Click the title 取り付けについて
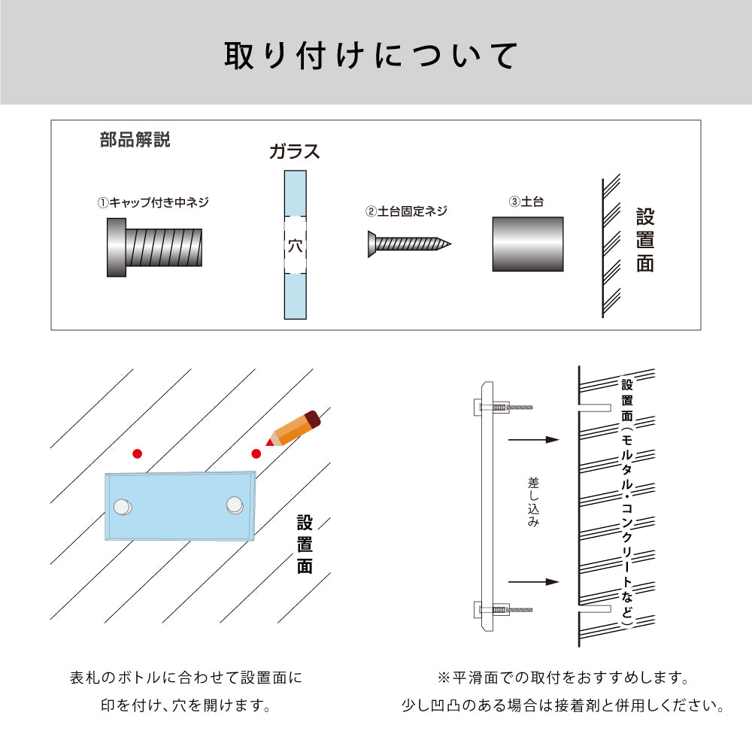coord(371,56)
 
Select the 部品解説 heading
coord(135,140)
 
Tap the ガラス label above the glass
coord(294,152)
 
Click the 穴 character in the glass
coord(295,246)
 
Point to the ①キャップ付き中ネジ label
coord(153,202)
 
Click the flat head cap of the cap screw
coord(117,247)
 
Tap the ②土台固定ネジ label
coord(406,211)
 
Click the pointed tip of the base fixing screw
coord(450,244)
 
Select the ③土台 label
coord(526,202)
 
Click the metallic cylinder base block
coord(528,244)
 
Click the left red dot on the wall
coord(137,453)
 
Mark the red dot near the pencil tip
coord(256,453)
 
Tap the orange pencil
coord(293,429)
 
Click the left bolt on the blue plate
coord(123,507)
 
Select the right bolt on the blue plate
coord(235,505)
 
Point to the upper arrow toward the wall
coord(534,440)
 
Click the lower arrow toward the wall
coord(534,582)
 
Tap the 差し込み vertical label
coord(533,502)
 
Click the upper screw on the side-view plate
coord(503,407)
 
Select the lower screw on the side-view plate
coord(503,610)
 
